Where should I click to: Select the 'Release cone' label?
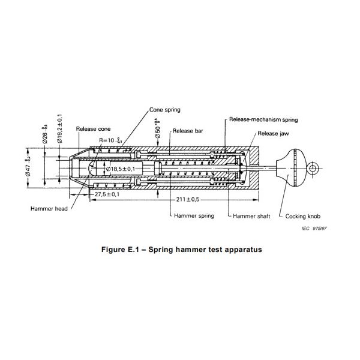pyautogui.click(x=94, y=129)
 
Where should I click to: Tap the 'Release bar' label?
pyautogui.click(x=187, y=131)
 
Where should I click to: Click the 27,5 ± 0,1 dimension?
pyautogui.click(x=107, y=194)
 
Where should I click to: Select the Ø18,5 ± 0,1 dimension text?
pyautogui.click(x=125, y=169)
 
